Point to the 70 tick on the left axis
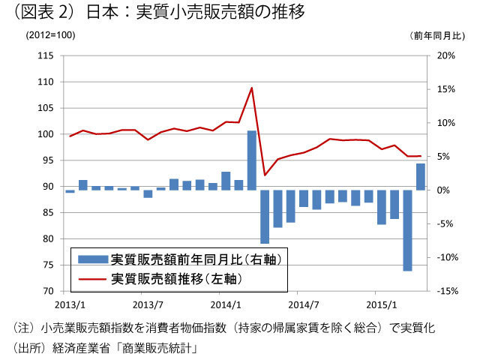(x=46, y=291)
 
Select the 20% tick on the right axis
(x=445, y=55)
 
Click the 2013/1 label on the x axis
(x=69, y=305)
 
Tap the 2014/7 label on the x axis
(x=304, y=305)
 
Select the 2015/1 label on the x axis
(x=383, y=305)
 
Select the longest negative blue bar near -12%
(x=407, y=230)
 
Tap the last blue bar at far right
(x=420, y=176)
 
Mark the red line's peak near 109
(x=252, y=88)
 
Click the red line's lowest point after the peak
(x=265, y=175)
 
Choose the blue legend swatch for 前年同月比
(x=93, y=259)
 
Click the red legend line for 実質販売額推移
(x=93, y=277)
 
